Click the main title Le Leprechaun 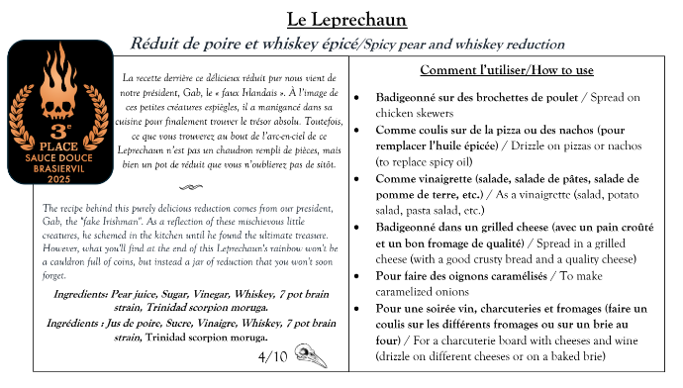tap(341, 19)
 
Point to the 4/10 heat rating tap(271, 354)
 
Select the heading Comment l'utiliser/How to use tap(507, 70)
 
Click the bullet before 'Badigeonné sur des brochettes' tap(360, 99)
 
